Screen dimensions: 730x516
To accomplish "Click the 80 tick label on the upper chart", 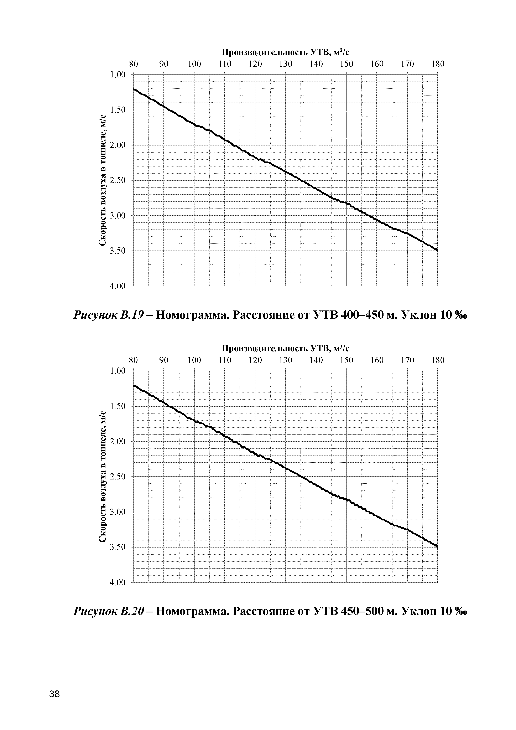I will tap(134, 64).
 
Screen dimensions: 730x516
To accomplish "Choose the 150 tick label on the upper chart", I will tap(346, 64).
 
